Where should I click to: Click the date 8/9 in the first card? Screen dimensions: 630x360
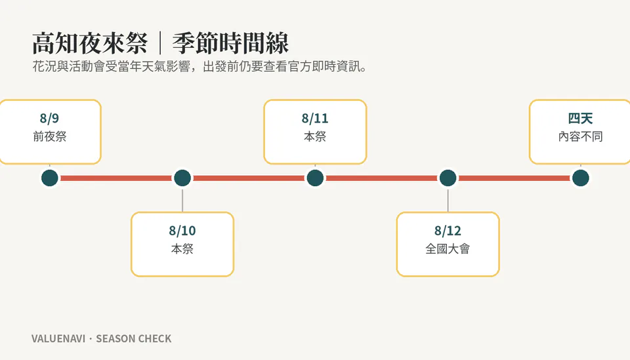[x=49, y=119]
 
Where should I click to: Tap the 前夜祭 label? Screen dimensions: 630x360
[x=50, y=136]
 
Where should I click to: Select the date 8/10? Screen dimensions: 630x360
[x=182, y=231]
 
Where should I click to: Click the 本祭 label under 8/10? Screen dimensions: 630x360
[x=182, y=249]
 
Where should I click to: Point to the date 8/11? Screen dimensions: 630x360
[x=315, y=119]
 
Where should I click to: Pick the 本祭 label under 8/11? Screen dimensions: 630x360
[x=315, y=136]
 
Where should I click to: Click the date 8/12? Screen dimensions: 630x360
[x=448, y=231]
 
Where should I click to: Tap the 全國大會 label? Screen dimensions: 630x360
[x=448, y=249]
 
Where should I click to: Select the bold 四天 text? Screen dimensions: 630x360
[x=581, y=119]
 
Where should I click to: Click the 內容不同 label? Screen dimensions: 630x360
[x=581, y=136]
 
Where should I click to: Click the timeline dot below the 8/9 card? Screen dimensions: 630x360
[x=50, y=178]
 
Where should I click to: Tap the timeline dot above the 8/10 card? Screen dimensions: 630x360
[x=182, y=178]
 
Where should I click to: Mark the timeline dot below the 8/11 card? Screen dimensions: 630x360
[x=315, y=178]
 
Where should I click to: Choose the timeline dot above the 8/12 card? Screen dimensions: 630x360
[x=448, y=178]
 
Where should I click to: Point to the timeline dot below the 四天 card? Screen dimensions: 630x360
[x=581, y=178]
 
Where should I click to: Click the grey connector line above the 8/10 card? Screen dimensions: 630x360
[x=182, y=200]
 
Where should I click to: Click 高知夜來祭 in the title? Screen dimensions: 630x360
[x=90, y=43]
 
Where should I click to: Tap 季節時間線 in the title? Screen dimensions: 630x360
[x=230, y=43]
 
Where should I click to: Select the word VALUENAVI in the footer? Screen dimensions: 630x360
[x=58, y=339]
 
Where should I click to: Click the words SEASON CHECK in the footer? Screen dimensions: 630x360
[x=134, y=339]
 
